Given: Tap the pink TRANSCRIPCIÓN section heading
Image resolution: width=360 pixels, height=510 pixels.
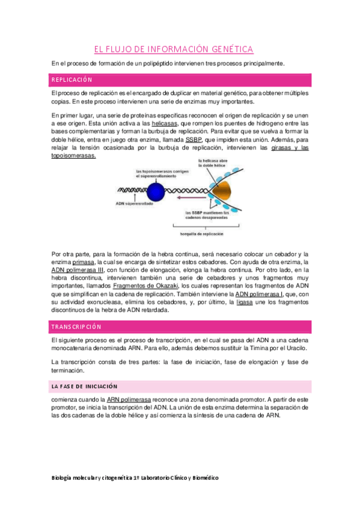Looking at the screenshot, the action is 76,327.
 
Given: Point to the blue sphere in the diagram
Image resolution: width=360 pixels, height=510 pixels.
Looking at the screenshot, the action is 156,192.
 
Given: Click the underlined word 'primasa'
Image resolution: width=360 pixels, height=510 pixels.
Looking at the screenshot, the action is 84,263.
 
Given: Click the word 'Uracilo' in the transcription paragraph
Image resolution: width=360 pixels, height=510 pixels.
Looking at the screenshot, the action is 294,349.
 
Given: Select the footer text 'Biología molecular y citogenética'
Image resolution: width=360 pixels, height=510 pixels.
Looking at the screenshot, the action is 97,477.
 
